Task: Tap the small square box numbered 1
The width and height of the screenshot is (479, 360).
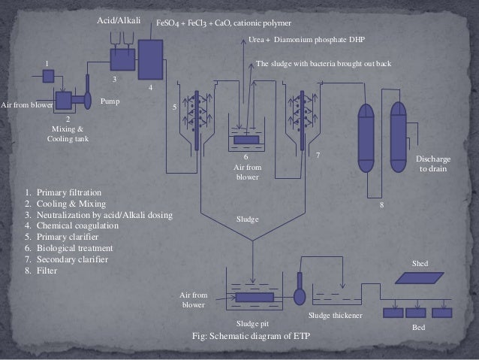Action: pyautogui.click(x=48, y=76)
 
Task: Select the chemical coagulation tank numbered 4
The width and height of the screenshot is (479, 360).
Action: pyautogui.click(x=151, y=57)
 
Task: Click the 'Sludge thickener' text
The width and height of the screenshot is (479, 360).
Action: pyautogui.click(x=336, y=316)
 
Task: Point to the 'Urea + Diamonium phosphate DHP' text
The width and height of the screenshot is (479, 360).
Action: pyautogui.click(x=305, y=41)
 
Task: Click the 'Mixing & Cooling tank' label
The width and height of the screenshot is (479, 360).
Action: pyautogui.click(x=68, y=134)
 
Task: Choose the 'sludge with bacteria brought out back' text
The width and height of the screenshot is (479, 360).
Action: pyautogui.click(x=324, y=64)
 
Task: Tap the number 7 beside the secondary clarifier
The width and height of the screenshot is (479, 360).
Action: pyautogui.click(x=318, y=155)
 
